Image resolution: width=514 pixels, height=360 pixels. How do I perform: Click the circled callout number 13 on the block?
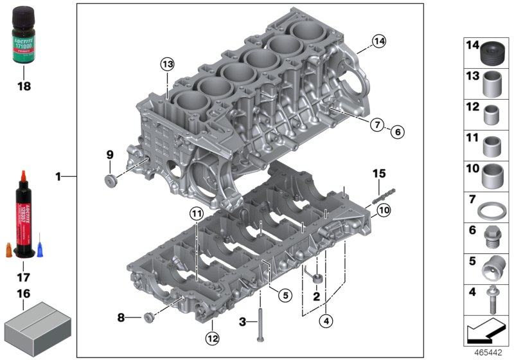(167, 64)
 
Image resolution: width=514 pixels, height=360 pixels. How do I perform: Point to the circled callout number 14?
(379, 42)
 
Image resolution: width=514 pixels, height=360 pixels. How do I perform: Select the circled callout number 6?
(397, 132)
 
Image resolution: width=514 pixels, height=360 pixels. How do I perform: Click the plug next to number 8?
(149, 316)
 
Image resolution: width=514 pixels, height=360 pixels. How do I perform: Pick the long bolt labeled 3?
(260, 324)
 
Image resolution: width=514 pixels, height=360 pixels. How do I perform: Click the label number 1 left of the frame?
(58, 175)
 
